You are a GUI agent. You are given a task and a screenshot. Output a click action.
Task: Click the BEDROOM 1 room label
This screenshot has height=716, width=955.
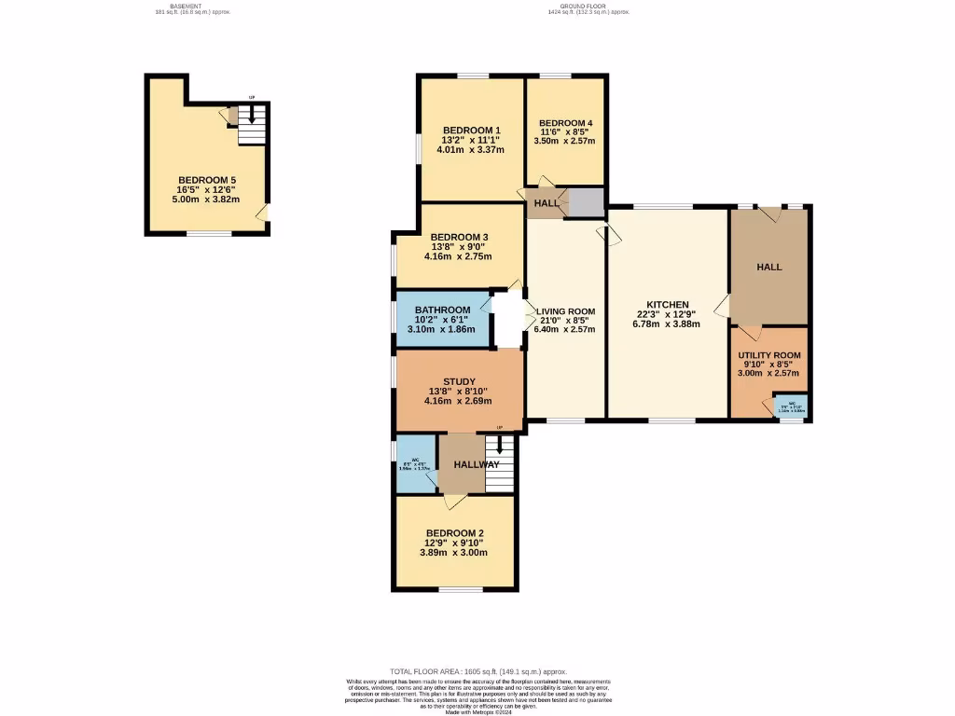(471, 131)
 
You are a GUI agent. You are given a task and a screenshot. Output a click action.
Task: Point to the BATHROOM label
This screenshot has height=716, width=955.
(442, 310)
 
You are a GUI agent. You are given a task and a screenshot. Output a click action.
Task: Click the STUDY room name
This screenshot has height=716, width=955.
(459, 381)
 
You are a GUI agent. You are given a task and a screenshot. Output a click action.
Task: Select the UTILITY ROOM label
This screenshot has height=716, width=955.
(768, 355)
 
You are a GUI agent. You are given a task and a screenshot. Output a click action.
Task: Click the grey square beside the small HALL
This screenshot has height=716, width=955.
(587, 202)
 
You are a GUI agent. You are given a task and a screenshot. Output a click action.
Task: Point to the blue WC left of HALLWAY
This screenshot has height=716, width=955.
(416, 464)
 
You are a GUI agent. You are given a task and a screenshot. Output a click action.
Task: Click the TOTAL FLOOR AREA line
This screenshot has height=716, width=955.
(477, 672)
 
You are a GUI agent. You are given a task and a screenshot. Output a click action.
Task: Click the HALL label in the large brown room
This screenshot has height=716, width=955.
(768, 267)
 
